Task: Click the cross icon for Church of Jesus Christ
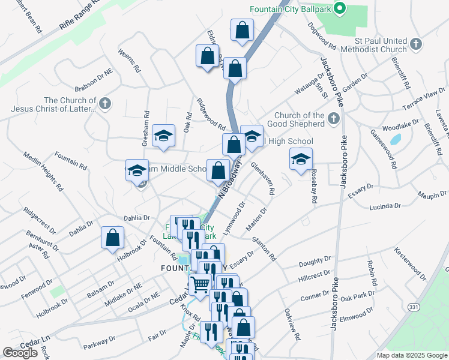click(x=105, y=104)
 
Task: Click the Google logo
click(x=20, y=352)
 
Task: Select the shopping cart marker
click(x=200, y=286)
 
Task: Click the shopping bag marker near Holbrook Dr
click(x=112, y=238)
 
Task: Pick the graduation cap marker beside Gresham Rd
click(x=163, y=136)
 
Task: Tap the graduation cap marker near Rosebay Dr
click(x=301, y=159)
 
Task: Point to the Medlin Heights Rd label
click(x=44, y=170)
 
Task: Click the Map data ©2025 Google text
click(x=411, y=355)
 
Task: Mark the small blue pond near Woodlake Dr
click(x=395, y=140)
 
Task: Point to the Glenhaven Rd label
click(x=263, y=178)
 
